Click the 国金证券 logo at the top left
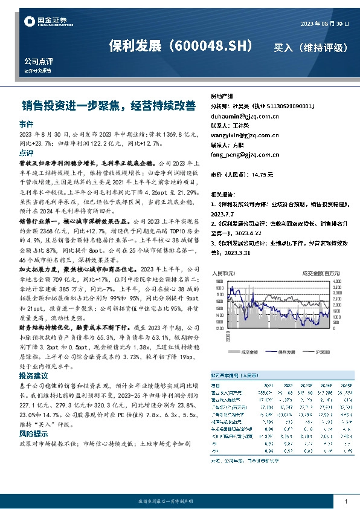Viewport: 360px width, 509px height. (x=41, y=22)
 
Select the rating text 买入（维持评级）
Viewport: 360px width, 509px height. (x=310, y=47)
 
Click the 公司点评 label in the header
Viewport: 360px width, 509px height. (x=39, y=61)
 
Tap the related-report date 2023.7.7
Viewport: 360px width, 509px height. (x=225, y=213)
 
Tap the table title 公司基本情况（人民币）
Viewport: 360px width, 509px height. (x=236, y=375)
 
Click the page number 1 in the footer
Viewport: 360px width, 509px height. (x=346, y=502)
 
